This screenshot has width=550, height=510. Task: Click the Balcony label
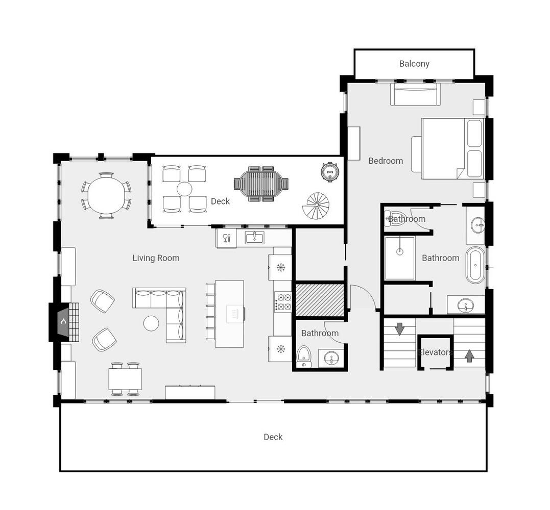[414, 64]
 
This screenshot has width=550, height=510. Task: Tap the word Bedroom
[386, 161]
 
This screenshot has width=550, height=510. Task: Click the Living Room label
[156, 258]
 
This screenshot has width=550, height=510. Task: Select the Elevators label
[435, 352]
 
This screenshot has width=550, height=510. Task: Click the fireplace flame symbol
[63, 321]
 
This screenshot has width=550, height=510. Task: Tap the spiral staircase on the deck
[316, 206]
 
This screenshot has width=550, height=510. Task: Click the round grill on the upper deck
[330, 172]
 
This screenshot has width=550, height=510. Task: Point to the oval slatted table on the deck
[261, 184]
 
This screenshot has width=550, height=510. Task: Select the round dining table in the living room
[106, 195]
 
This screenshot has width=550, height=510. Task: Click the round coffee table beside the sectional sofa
[151, 323]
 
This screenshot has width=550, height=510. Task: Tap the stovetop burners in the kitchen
[283, 302]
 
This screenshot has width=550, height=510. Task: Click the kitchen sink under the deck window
[254, 238]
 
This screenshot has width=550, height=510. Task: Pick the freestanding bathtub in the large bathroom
[475, 265]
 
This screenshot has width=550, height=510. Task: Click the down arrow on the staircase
[399, 329]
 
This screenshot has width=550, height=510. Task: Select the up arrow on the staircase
[470, 356]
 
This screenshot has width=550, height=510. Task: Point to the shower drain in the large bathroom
[399, 251]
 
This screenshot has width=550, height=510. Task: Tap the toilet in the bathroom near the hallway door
[304, 356]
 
